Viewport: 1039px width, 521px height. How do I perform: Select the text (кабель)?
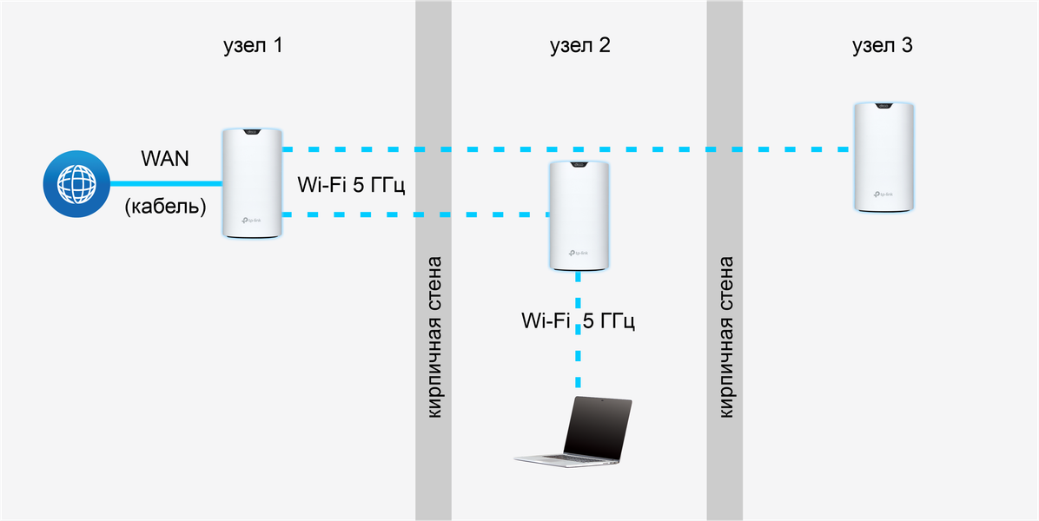[x=165, y=208]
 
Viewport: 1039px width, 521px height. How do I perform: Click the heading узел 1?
[x=253, y=46]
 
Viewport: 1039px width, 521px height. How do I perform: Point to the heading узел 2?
[x=579, y=46]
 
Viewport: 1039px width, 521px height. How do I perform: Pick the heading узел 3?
[x=883, y=46]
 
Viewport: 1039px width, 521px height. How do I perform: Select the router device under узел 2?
[x=579, y=215]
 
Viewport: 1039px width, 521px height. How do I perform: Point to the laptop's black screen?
[x=598, y=426]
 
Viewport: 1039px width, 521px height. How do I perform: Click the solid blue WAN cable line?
[x=165, y=183]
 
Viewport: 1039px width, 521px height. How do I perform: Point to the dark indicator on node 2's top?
[x=579, y=166]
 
